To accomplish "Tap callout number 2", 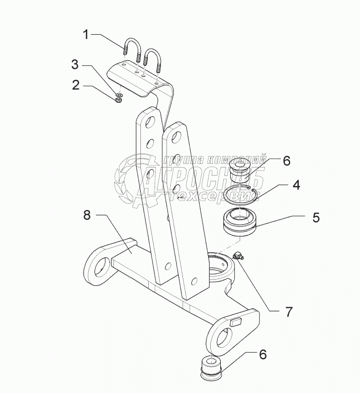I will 77,84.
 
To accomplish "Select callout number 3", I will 75,65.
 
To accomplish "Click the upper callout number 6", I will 286,161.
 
